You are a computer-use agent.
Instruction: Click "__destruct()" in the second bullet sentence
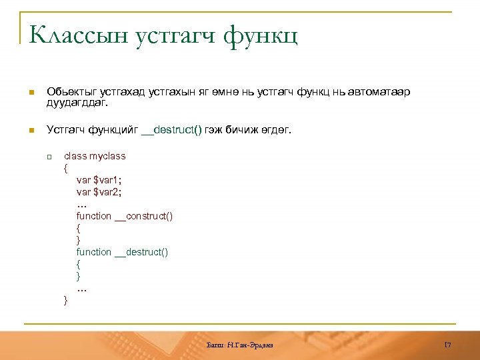tap(171, 130)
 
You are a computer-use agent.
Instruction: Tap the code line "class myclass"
tap(95, 156)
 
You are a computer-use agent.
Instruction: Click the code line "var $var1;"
tap(99, 180)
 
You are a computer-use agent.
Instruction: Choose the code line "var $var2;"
tap(99, 192)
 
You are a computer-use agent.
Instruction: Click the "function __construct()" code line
tap(125, 216)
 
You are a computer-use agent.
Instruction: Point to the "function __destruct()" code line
tap(123, 252)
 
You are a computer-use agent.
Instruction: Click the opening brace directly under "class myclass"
tap(66, 168)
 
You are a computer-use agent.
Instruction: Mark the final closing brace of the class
tap(65, 301)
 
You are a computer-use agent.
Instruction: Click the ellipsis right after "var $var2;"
tap(82, 205)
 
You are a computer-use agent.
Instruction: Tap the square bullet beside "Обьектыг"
tap(30, 92)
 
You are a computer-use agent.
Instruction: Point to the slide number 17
tap(448, 345)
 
